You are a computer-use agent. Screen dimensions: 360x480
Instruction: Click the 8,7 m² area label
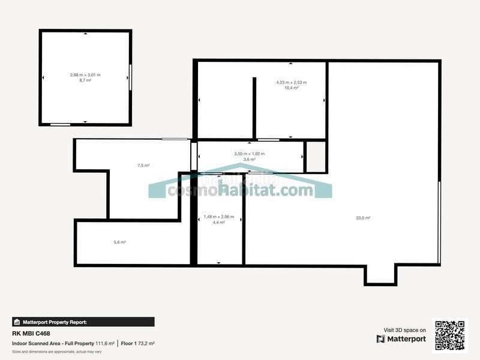(x=85, y=80)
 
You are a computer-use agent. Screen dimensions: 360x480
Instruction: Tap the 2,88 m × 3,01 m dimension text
(x=85, y=74)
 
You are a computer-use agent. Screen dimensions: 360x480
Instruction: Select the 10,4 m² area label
(x=291, y=88)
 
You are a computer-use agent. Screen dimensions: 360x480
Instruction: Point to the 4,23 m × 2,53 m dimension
(x=291, y=82)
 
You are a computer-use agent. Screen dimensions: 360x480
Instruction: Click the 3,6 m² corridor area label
(x=249, y=160)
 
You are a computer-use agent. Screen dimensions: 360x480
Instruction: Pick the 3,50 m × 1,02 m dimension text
(x=249, y=154)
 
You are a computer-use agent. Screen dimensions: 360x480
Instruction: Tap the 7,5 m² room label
(x=143, y=166)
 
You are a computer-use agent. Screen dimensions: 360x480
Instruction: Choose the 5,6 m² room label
(x=119, y=242)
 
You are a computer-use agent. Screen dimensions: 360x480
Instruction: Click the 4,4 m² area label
(x=218, y=223)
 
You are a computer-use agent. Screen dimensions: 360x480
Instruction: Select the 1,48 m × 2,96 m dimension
(x=218, y=217)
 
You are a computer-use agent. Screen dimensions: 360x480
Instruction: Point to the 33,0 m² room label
(x=363, y=218)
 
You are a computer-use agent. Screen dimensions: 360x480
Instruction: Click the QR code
(x=449, y=335)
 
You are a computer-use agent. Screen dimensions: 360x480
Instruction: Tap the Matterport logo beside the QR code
(x=401, y=339)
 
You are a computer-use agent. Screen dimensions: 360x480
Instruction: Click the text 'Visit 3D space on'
(x=404, y=330)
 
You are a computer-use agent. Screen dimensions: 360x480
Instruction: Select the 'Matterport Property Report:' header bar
(x=83, y=322)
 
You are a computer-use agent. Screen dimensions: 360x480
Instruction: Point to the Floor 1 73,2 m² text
(x=137, y=343)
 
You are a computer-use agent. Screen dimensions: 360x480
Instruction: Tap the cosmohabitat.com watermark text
(x=240, y=190)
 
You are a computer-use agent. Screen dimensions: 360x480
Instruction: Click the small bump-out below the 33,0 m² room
(x=380, y=274)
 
